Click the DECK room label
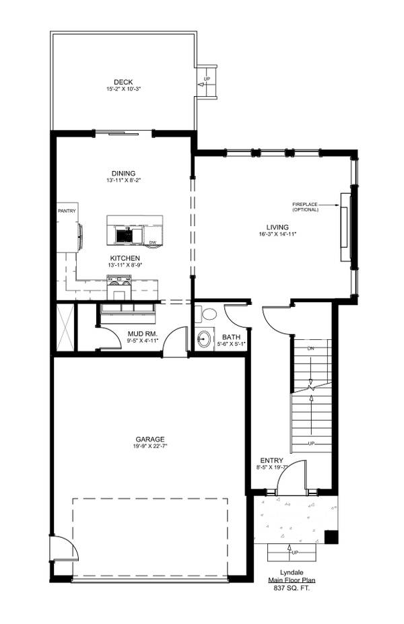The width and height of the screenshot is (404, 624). (123, 82)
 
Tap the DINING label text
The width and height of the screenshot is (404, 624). (124, 173)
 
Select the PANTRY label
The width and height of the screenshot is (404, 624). (67, 211)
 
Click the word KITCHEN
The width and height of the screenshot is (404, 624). (125, 258)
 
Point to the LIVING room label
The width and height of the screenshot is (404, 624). (277, 227)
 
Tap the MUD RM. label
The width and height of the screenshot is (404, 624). (142, 333)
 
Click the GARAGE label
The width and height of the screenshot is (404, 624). (149, 439)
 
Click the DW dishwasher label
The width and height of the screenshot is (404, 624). (153, 242)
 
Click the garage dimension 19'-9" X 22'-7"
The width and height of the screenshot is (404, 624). (149, 446)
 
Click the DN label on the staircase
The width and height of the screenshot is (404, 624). (310, 349)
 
